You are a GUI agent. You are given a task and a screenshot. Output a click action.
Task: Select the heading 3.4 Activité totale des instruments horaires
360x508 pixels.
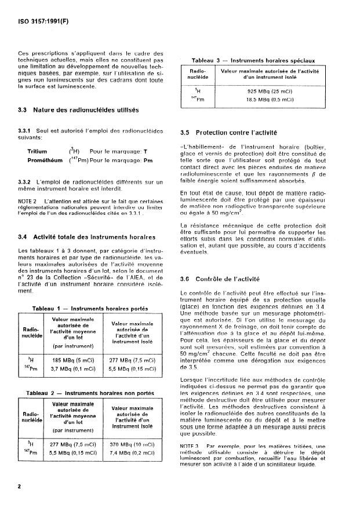(86, 236)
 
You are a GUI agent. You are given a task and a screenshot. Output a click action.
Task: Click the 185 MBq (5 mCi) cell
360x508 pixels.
(75, 360)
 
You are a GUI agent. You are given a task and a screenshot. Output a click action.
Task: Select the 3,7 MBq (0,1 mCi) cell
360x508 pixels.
(75, 368)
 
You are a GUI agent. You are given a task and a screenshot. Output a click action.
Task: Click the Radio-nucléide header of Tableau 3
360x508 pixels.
(199, 73)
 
